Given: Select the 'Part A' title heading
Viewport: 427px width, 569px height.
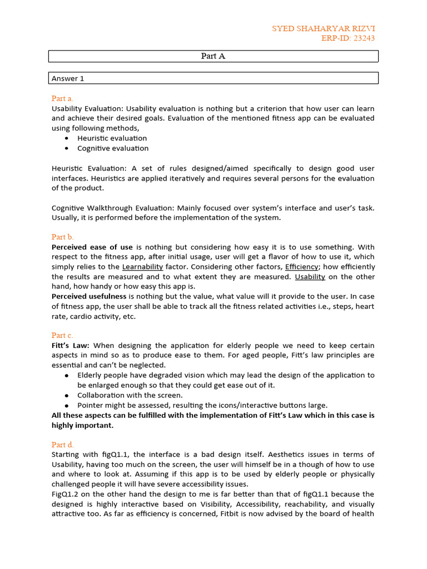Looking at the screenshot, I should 213,56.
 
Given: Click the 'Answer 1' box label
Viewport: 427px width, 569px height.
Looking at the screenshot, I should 68,78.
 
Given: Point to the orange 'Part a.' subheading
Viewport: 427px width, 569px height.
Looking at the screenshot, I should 62,98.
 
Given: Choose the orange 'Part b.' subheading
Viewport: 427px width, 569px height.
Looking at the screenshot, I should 62,237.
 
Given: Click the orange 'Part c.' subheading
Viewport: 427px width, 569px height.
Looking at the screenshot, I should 62,335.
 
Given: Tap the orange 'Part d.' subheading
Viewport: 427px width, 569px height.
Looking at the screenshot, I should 62,445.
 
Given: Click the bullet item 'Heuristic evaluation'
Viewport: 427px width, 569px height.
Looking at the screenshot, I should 112,138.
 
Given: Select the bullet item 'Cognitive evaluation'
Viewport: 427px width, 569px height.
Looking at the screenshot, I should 113,148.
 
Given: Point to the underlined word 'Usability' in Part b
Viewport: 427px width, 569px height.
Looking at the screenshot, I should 310,277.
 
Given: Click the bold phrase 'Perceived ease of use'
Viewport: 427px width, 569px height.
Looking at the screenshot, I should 92,247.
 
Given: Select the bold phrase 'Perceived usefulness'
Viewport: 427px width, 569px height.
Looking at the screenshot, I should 89,297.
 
